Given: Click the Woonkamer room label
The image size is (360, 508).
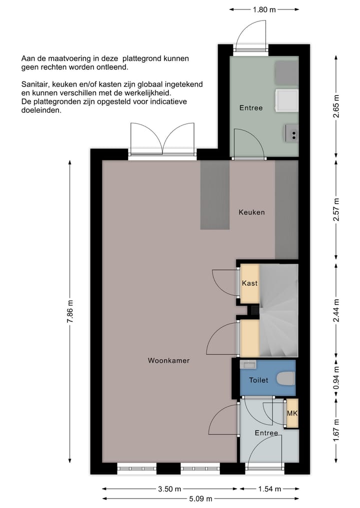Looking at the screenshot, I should pyautogui.click(x=168, y=360).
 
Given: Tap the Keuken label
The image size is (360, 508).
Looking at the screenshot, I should pyautogui.click(x=251, y=212).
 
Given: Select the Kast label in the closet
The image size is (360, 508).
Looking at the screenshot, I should pyautogui.click(x=249, y=283).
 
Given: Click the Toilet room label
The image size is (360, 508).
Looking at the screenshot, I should pyautogui.click(x=258, y=380).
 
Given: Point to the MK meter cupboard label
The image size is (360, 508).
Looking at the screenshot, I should pyautogui.click(x=291, y=414).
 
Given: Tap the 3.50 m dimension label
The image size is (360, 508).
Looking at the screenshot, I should pyautogui.click(x=170, y=489).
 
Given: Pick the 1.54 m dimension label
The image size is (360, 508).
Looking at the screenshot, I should pyautogui.click(x=269, y=489).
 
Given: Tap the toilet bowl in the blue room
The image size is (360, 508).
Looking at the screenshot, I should pyautogui.click(x=285, y=379).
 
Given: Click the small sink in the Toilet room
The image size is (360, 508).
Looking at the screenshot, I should pyautogui.click(x=247, y=363).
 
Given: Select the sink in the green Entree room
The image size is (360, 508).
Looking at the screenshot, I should pyautogui.click(x=292, y=133).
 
